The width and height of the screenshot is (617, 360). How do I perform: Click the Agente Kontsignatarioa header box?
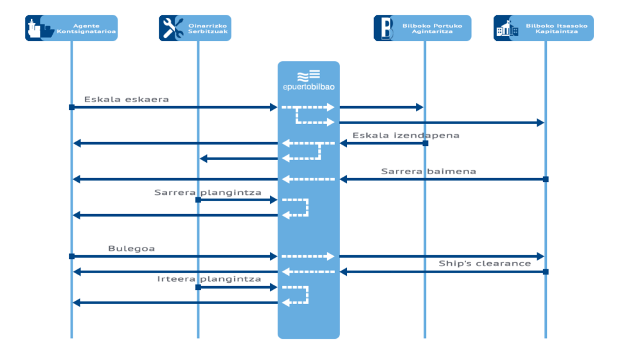(71, 28)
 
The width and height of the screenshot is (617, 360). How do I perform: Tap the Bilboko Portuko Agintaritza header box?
(422, 28)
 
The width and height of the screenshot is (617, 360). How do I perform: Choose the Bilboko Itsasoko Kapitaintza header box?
(544, 28)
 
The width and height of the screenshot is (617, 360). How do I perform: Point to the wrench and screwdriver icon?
(172, 28)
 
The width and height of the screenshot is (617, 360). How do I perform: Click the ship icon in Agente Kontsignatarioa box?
(38, 28)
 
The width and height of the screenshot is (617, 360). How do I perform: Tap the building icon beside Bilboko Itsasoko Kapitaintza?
(507, 28)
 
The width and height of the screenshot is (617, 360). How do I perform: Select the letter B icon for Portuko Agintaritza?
(387, 28)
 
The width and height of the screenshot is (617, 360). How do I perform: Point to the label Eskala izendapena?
(406, 136)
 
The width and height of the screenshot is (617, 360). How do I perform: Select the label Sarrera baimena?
(428, 172)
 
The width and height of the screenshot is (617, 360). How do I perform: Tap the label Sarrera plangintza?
(208, 192)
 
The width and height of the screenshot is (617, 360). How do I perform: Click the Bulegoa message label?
(131, 248)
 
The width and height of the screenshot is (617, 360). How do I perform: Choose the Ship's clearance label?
(485, 264)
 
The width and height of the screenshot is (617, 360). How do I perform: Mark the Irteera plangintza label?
(209, 279)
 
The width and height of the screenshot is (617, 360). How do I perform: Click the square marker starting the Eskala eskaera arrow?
(71, 107)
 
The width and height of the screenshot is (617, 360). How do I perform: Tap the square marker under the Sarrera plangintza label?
(198, 200)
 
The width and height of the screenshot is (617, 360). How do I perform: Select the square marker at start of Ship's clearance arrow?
(546, 272)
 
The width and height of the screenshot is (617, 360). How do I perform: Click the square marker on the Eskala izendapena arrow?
(425, 143)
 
